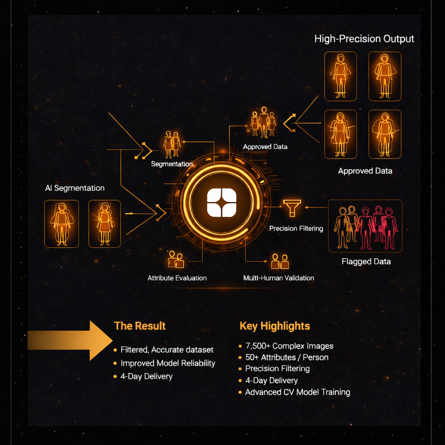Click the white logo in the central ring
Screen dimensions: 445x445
click(222, 203)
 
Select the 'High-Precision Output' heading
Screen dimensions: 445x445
click(364, 39)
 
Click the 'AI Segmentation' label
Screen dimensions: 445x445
click(75, 188)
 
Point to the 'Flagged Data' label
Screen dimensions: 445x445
click(366, 262)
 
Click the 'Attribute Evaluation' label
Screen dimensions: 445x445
click(177, 278)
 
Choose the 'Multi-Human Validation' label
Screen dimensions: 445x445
click(279, 278)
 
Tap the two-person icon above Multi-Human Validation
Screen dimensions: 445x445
click(280, 261)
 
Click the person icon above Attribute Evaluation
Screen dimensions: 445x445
click(176, 259)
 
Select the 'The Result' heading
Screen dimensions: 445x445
click(139, 326)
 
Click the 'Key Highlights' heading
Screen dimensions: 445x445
click(275, 326)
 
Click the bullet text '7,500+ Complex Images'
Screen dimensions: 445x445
click(289, 346)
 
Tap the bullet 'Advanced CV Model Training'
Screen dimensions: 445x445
click(297, 392)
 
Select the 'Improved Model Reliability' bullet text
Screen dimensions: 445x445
click(168, 363)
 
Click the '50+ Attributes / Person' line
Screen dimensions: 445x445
click(287, 358)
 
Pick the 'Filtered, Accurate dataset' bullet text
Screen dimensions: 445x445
click(167, 350)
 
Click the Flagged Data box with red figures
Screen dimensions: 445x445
click(365, 226)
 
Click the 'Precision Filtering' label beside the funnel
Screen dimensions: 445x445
click(296, 229)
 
